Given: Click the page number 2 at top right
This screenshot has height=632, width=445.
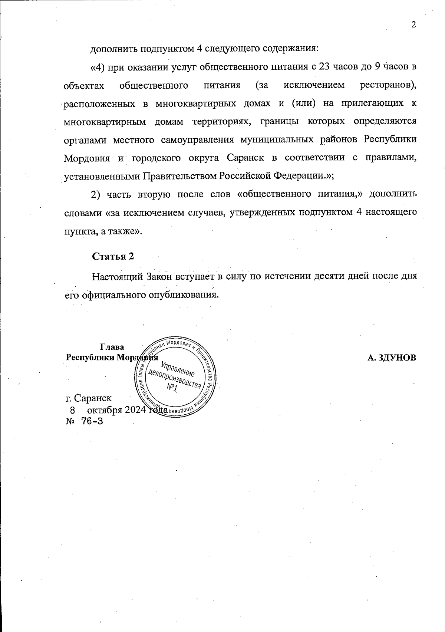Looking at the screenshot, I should click(414, 25).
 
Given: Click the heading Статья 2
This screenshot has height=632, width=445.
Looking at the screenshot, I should click(113, 256).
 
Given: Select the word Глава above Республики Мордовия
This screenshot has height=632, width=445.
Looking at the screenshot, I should click(112, 347).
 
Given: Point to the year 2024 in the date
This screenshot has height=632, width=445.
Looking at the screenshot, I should click(136, 410).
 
